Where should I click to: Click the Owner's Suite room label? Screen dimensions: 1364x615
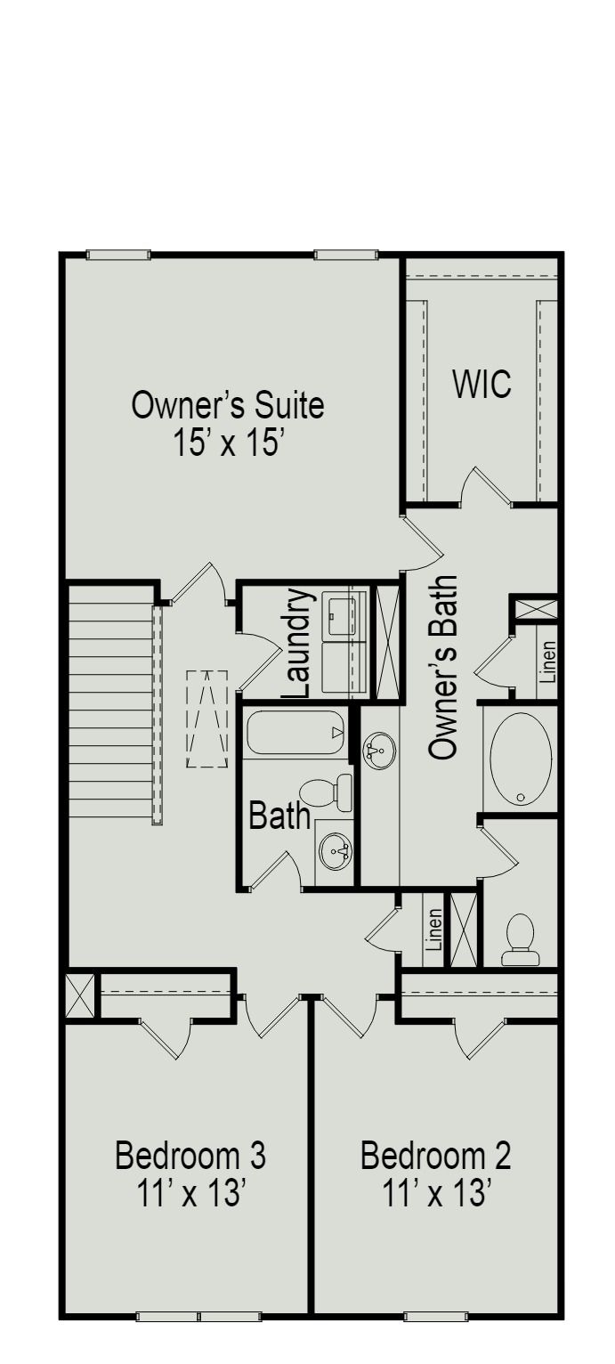pos(228,406)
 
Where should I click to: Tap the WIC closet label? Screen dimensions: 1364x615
pos(481,385)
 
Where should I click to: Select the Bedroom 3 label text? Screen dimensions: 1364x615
pos(190,1156)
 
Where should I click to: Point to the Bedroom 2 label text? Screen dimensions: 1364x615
pos(436,1156)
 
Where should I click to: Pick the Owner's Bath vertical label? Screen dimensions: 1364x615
pos(442,668)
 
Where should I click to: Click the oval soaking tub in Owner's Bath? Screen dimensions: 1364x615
pos(521,759)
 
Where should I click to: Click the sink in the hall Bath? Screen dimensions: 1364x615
pos(336,852)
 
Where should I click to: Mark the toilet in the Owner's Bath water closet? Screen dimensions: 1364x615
pos(520,940)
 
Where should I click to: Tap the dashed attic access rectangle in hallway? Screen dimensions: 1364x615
pos(207,719)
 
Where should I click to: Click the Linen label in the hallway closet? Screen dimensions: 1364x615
pos(434,930)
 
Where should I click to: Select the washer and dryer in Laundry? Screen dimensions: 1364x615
pos(343,642)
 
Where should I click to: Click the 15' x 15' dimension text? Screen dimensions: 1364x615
pos(228,442)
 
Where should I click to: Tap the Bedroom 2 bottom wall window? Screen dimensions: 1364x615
pos(436,1316)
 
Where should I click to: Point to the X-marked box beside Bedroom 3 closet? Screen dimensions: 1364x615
pos(79,996)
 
